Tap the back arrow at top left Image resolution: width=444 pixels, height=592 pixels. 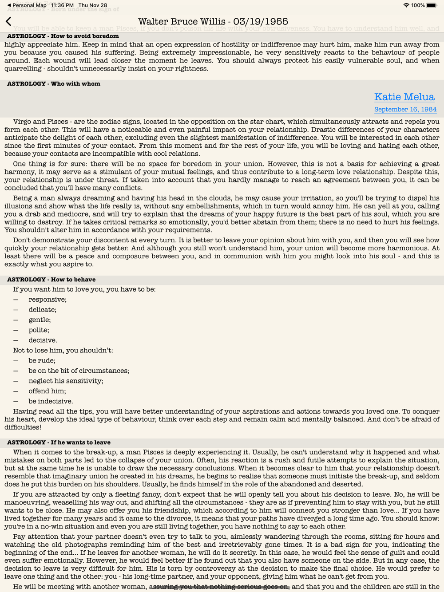[x=9, y=21]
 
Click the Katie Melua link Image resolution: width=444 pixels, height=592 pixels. [x=404, y=97]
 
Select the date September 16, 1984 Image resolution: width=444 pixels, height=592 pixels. [x=405, y=109]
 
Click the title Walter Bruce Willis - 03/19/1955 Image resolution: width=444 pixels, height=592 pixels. [x=213, y=21]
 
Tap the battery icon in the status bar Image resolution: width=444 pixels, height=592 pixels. [x=431, y=5]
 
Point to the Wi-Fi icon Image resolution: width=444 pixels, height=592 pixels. [x=406, y=5]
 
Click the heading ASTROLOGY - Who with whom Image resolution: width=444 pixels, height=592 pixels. [x=54, y=83]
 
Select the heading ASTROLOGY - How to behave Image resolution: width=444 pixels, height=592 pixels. [x=51, y=280]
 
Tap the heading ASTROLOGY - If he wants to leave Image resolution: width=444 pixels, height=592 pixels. [x=59, y=442]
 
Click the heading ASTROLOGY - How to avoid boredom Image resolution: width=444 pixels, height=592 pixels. [x=63, y=36]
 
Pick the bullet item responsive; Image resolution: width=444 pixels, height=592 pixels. [x=48, y=300]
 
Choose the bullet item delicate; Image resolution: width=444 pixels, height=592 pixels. [x=43, y=310]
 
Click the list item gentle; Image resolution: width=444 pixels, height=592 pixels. [x=40, y=320]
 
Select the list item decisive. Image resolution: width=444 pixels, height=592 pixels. [x=43, y=340]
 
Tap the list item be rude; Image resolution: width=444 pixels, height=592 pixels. [x=42, y=361]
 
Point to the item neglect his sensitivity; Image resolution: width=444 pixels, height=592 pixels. [x=66, y=381]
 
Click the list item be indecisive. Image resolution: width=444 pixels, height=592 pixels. [x=51, y=402]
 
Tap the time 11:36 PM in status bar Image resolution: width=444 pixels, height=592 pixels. [x=62, y=5]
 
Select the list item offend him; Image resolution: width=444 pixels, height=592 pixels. [x=47, y=391]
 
